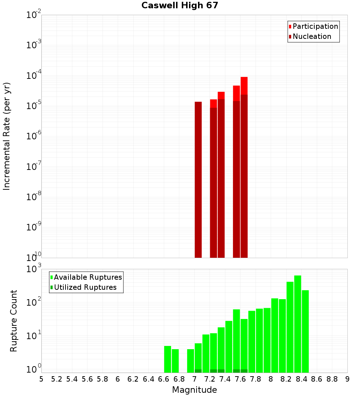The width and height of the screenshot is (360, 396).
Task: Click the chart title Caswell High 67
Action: [x=180, y=6]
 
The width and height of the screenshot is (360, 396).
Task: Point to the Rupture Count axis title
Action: [x=14, y=321]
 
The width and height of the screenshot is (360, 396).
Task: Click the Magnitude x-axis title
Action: [x=194, y=390]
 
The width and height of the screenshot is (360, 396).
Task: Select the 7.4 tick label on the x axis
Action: [x=225, y=379]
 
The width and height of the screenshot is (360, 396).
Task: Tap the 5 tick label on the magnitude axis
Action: [x=41, y=379]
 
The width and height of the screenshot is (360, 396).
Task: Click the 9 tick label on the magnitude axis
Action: [x=347, y=379]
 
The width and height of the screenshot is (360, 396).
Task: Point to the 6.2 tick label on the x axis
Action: [x=133, y=379]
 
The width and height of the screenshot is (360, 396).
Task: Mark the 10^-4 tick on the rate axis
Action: [x=34, y=76]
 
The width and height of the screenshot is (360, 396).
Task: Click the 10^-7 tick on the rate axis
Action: [x=34, y=167]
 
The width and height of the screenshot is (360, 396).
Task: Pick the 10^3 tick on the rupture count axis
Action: [x=34, y=269]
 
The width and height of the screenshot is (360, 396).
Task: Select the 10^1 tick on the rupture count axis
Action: [x=34, y=337]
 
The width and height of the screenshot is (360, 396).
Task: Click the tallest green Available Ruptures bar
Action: [x=298, y=324]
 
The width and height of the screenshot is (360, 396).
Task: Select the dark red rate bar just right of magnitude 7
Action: [x=198, y=180]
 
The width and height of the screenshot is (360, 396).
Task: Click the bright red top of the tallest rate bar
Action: [x=244, y=86]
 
